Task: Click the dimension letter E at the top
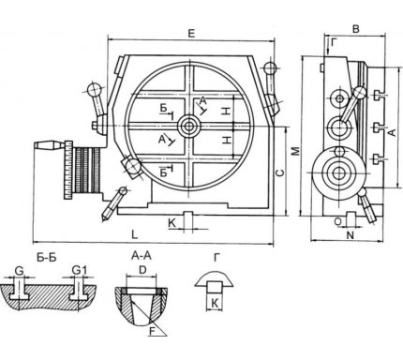click(x=191, y=34)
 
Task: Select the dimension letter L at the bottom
click(x=134, y=234)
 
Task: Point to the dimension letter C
click(x=280, y=172)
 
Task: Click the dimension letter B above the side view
click(x=356, y=29)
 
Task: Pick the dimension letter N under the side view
click(x=351, y=235)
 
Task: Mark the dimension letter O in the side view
click(x=338, y=221)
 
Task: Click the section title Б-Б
click(x=47, y=257)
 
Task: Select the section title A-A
click(x=142, y=256)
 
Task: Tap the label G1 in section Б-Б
click(x=79, y=270)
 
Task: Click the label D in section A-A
click(x=142, y=270)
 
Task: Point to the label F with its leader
click(x=153, y=331)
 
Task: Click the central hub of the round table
click(x=188, y=127)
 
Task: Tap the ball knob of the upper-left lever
click(x=93, y=90)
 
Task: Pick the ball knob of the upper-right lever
click(x=270, y=67)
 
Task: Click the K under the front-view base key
click(x=172, y=223)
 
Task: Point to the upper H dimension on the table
click(x=227, y=111)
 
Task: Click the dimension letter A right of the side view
click(x=392, y=132)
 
